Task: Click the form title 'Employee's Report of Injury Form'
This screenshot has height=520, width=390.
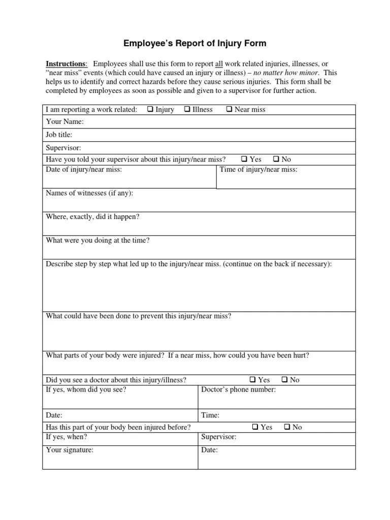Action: click(x=195, y=44)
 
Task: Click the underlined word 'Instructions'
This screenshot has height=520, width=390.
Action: click(x=66, y=64)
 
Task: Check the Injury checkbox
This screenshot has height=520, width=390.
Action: click(x=151, y=109)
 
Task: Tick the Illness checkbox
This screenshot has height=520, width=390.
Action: click(x=187, y=109)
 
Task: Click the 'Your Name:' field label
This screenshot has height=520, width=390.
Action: click(x=65, y=122)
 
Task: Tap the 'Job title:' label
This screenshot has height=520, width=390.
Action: click(x=59, y=135)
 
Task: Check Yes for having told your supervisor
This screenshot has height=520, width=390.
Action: click(x=244, y=159)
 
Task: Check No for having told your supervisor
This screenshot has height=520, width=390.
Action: click(x=276, y=159)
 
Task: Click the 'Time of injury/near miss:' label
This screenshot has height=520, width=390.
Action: click(x=258, y=170)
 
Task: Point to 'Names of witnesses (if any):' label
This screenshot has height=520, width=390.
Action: click(x=89, y=193)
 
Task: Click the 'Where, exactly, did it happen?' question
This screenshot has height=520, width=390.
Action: click(x=92, y=216)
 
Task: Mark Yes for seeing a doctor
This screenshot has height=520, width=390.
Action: click(x=253, y=380)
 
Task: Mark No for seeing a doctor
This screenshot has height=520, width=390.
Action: click(x=285, y=380)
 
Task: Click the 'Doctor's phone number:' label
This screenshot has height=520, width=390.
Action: click(x=239, y=389)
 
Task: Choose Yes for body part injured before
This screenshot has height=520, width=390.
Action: click(x=255, y=427)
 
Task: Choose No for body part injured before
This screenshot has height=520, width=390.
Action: click(x=287, y=427)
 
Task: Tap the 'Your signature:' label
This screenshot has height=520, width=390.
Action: click(x=70, y=450)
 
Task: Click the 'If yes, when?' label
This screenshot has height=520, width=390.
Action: click(x=67, y=437)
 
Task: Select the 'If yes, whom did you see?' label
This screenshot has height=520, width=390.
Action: click(x=86, y=389)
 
